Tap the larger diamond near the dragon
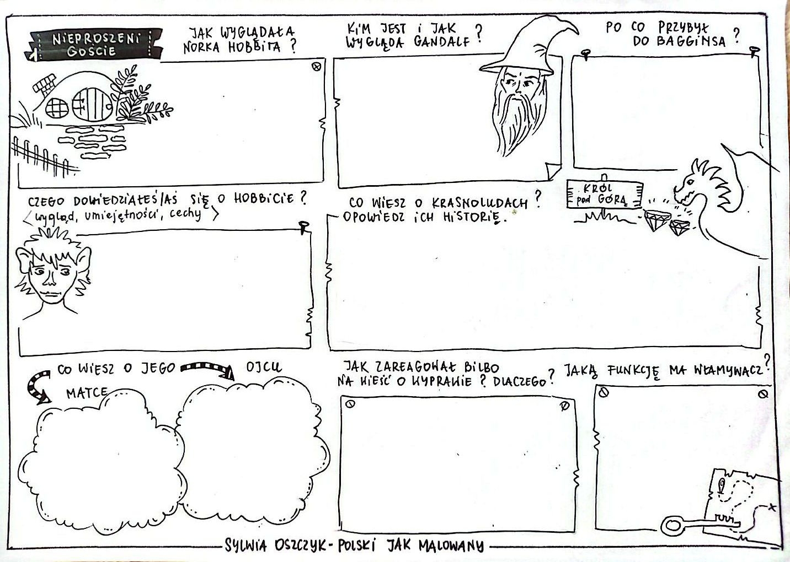[657, 221]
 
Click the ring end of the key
[672, 525]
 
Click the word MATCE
[87, 393]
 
